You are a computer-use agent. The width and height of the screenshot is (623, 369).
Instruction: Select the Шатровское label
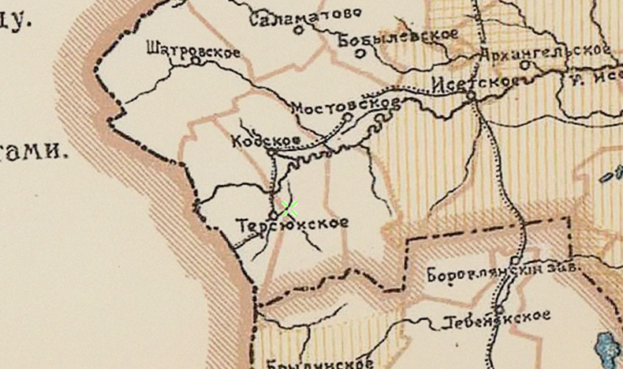(x=193, y=49)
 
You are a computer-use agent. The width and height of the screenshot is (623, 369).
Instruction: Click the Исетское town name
(x=475, y=81)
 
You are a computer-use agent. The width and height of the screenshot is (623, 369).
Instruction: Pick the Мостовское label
(x=345, y=104)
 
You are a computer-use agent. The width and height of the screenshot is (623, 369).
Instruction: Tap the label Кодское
(x=266, y=140)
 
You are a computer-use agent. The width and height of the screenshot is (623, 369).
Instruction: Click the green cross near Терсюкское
(x=289, y=209)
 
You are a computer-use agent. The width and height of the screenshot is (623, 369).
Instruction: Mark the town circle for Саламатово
(x=299, y=30)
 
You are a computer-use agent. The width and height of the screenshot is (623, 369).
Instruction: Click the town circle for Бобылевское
(x=360, y=54)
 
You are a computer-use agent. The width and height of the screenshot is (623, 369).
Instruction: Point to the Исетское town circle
(x=471, y=96)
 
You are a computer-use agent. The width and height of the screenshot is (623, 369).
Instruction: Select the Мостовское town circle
(x=347, y=117)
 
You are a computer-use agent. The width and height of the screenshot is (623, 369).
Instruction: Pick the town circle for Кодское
(x=270, y=150)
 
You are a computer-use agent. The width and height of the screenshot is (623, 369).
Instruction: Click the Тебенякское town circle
(x=500, y=309)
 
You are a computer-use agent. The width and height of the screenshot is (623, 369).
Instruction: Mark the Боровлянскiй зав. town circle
(x=514, y=259)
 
